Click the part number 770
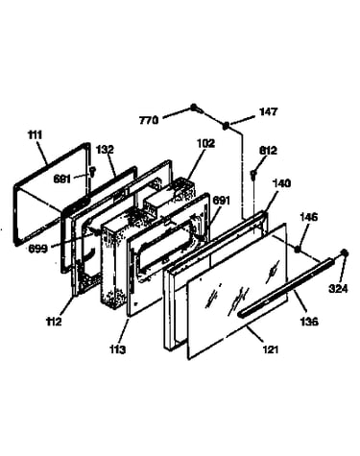(149, 121)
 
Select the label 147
(269, 111)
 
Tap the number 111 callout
(35, 135)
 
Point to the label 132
(106, 150)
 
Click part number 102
(205, 143)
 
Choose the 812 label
(268, 151)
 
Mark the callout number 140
(281, 183)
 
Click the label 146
(309, 217)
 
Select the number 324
(338, 289)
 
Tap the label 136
(309, 321)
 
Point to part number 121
(271, 349)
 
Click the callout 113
(117, 349)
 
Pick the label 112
(54, 322)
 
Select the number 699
(37, 249)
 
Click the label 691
(222, 201)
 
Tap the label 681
(62, 179)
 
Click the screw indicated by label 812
(253, 175)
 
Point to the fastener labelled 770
(196, 108)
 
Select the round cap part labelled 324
(345, 253)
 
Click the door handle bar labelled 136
(286, 288)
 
